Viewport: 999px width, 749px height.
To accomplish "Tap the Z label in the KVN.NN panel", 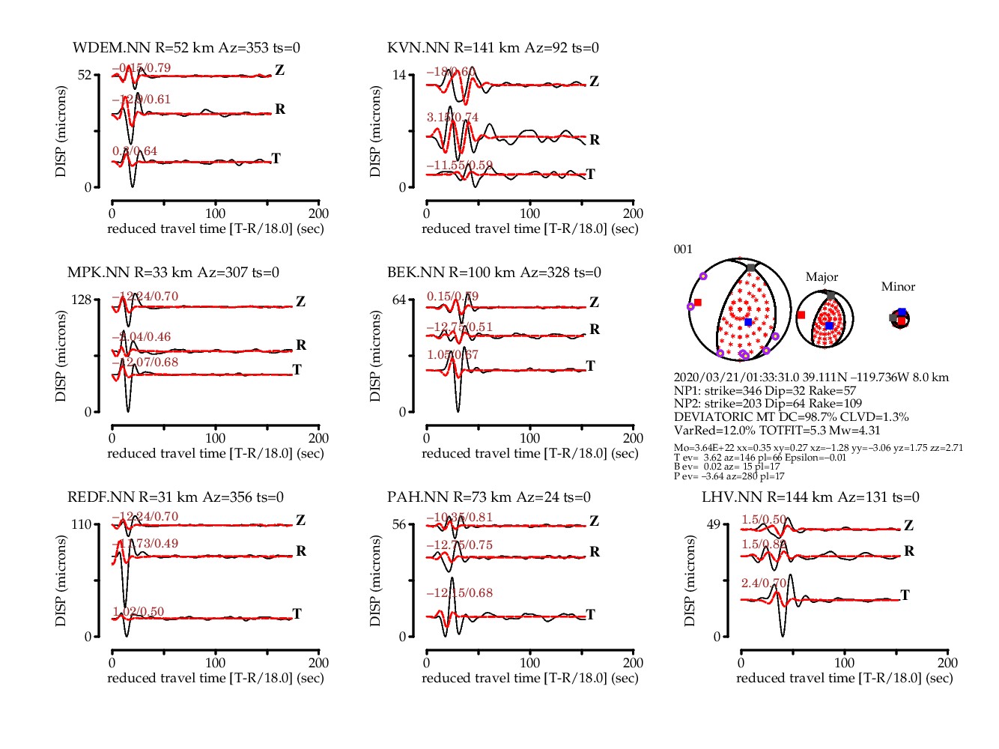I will tap(594, 82).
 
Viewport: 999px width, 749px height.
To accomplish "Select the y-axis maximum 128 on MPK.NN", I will tap(80, 300).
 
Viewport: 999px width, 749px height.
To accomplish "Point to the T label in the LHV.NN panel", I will tap(905, 595).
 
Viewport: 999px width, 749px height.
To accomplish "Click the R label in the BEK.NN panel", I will tap(595, 329).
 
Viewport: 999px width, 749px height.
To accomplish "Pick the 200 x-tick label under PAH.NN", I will tap(633, 663).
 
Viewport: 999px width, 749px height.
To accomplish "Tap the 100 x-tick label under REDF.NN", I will tap(215, 663).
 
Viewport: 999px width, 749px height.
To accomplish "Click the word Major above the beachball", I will tap(822, 277).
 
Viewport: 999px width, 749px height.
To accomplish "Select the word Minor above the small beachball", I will tap(898, 287).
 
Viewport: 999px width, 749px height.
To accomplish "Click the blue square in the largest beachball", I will tap(748, 322).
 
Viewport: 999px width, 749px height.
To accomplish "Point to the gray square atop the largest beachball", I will tap(751, 267).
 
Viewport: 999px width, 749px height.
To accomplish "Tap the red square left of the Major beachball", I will tap(801, 315).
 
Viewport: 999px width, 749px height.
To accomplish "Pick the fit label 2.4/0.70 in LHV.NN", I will tap(764, 583).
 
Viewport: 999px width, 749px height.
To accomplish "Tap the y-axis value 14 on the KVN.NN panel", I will tap(399, 75).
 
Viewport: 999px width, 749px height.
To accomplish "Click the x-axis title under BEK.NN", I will tap(529, 453).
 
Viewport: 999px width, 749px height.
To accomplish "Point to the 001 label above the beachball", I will tap(683, 249).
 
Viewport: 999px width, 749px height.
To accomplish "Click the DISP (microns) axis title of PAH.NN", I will tap(375, 580).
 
